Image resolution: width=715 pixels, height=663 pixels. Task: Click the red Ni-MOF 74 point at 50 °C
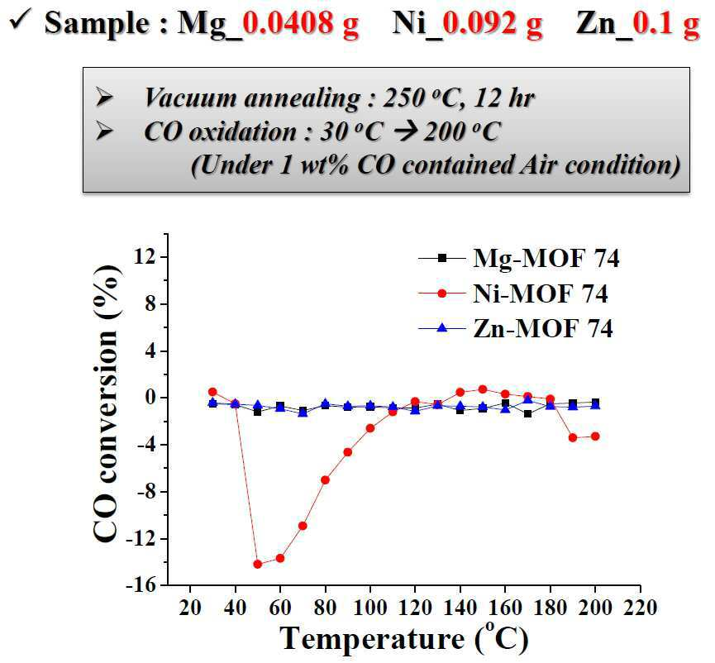pos(258,564)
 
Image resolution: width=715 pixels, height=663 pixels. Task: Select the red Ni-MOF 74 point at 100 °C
pos(370,428)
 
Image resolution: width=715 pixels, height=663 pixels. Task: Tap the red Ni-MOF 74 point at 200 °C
pos(595,436)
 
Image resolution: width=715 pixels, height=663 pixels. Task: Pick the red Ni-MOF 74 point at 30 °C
pos(212,392)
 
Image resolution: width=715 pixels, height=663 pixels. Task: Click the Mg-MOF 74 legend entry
pos(519,258)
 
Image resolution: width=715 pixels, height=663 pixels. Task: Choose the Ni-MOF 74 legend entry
pos(513,293)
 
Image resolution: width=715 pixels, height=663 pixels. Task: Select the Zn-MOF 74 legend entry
pos(516,328)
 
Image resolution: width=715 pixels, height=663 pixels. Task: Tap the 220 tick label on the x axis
pos(641,608)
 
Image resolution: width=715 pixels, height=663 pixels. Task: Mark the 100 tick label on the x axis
pos(370,608)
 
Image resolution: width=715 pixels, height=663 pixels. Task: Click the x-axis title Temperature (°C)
pos(404,637)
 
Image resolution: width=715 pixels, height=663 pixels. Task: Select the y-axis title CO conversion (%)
pos(107,403)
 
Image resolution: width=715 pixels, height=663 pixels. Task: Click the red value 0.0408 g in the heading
pos(301,23)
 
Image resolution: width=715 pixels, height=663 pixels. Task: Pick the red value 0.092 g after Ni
pos(493,23)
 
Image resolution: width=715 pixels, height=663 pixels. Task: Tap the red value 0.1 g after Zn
pos(666,23)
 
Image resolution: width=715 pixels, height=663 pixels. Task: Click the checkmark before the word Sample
pos(21,21)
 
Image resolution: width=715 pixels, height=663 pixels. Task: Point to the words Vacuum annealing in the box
pos(252,98)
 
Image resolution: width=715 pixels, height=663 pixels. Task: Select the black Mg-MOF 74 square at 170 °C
pos(528,414)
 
